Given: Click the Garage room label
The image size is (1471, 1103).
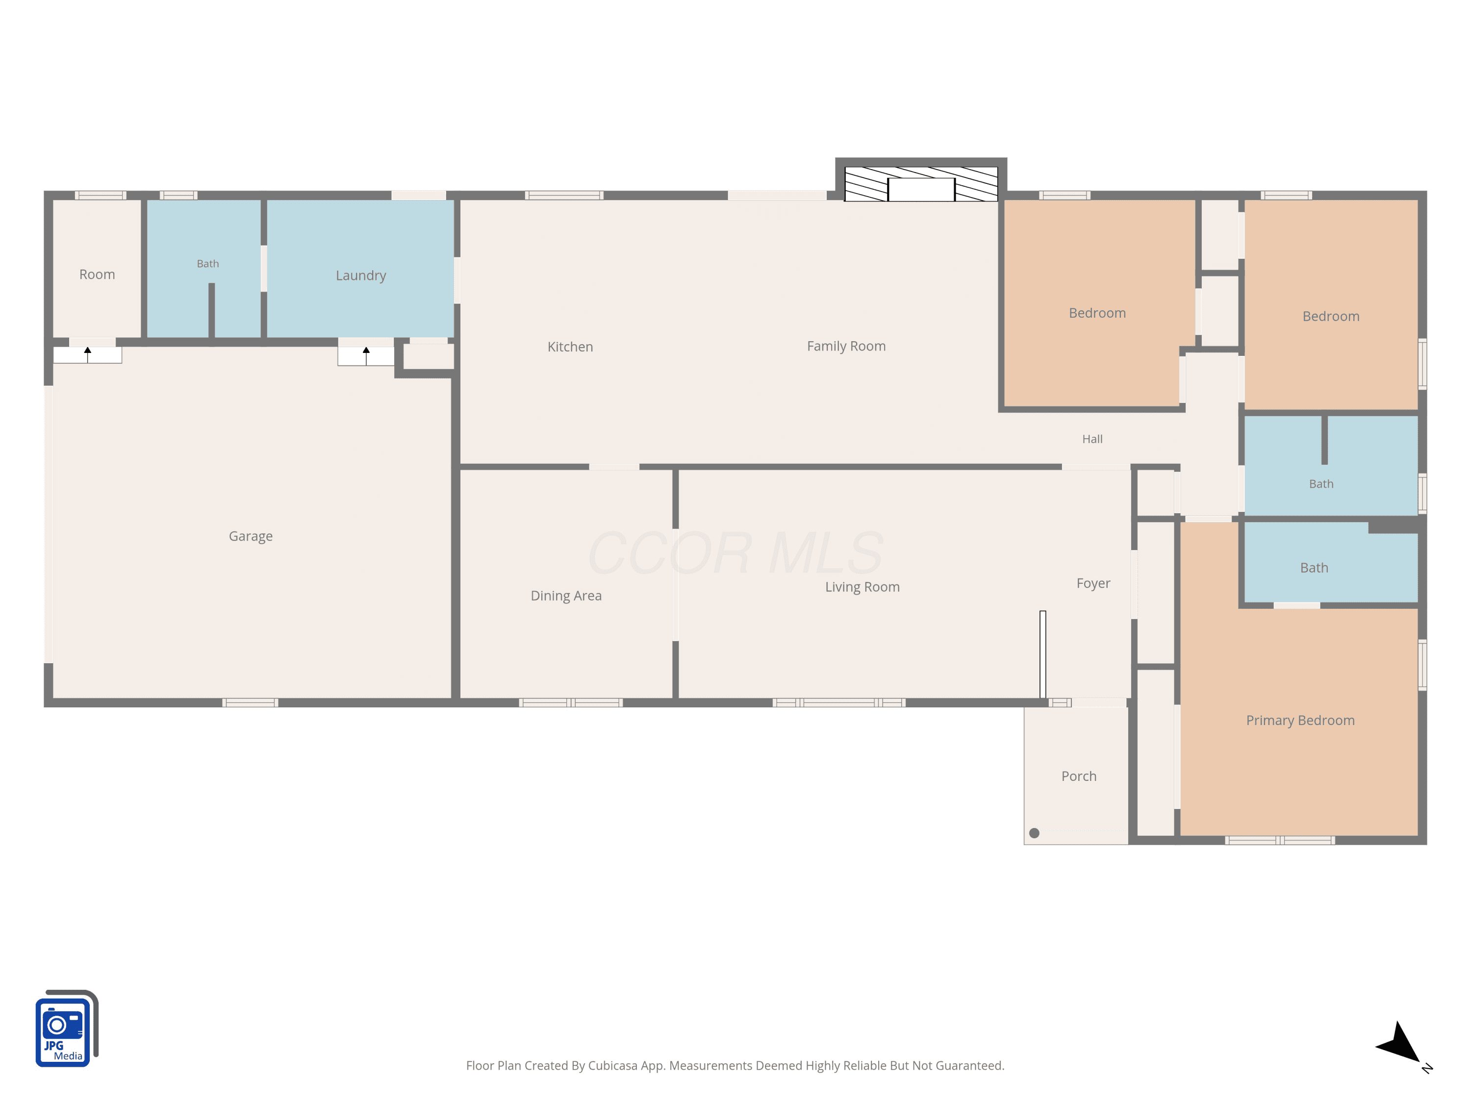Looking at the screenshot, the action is (x=251, y=536).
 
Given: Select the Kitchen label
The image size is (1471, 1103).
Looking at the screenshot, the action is (x=570, y=347).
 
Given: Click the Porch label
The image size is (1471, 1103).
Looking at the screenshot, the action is (x=1079, y=777).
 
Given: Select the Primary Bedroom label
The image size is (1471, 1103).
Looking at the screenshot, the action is (x=1300, y=721).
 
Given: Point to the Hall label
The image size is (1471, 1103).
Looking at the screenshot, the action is (x=1092, y=439).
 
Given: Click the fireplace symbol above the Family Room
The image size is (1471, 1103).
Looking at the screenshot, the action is (x=921, y=183).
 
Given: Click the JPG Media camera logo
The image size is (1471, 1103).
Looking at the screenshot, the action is (x=67, y=1028).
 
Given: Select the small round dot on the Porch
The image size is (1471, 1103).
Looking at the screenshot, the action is (x=1034, y=833).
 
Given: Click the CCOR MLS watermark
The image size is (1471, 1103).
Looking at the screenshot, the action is (x=735, y=553).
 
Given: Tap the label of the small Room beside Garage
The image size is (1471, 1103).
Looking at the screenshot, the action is (x=97, y=275).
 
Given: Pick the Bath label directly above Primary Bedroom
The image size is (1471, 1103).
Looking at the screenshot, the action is (x=1314, y=568).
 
